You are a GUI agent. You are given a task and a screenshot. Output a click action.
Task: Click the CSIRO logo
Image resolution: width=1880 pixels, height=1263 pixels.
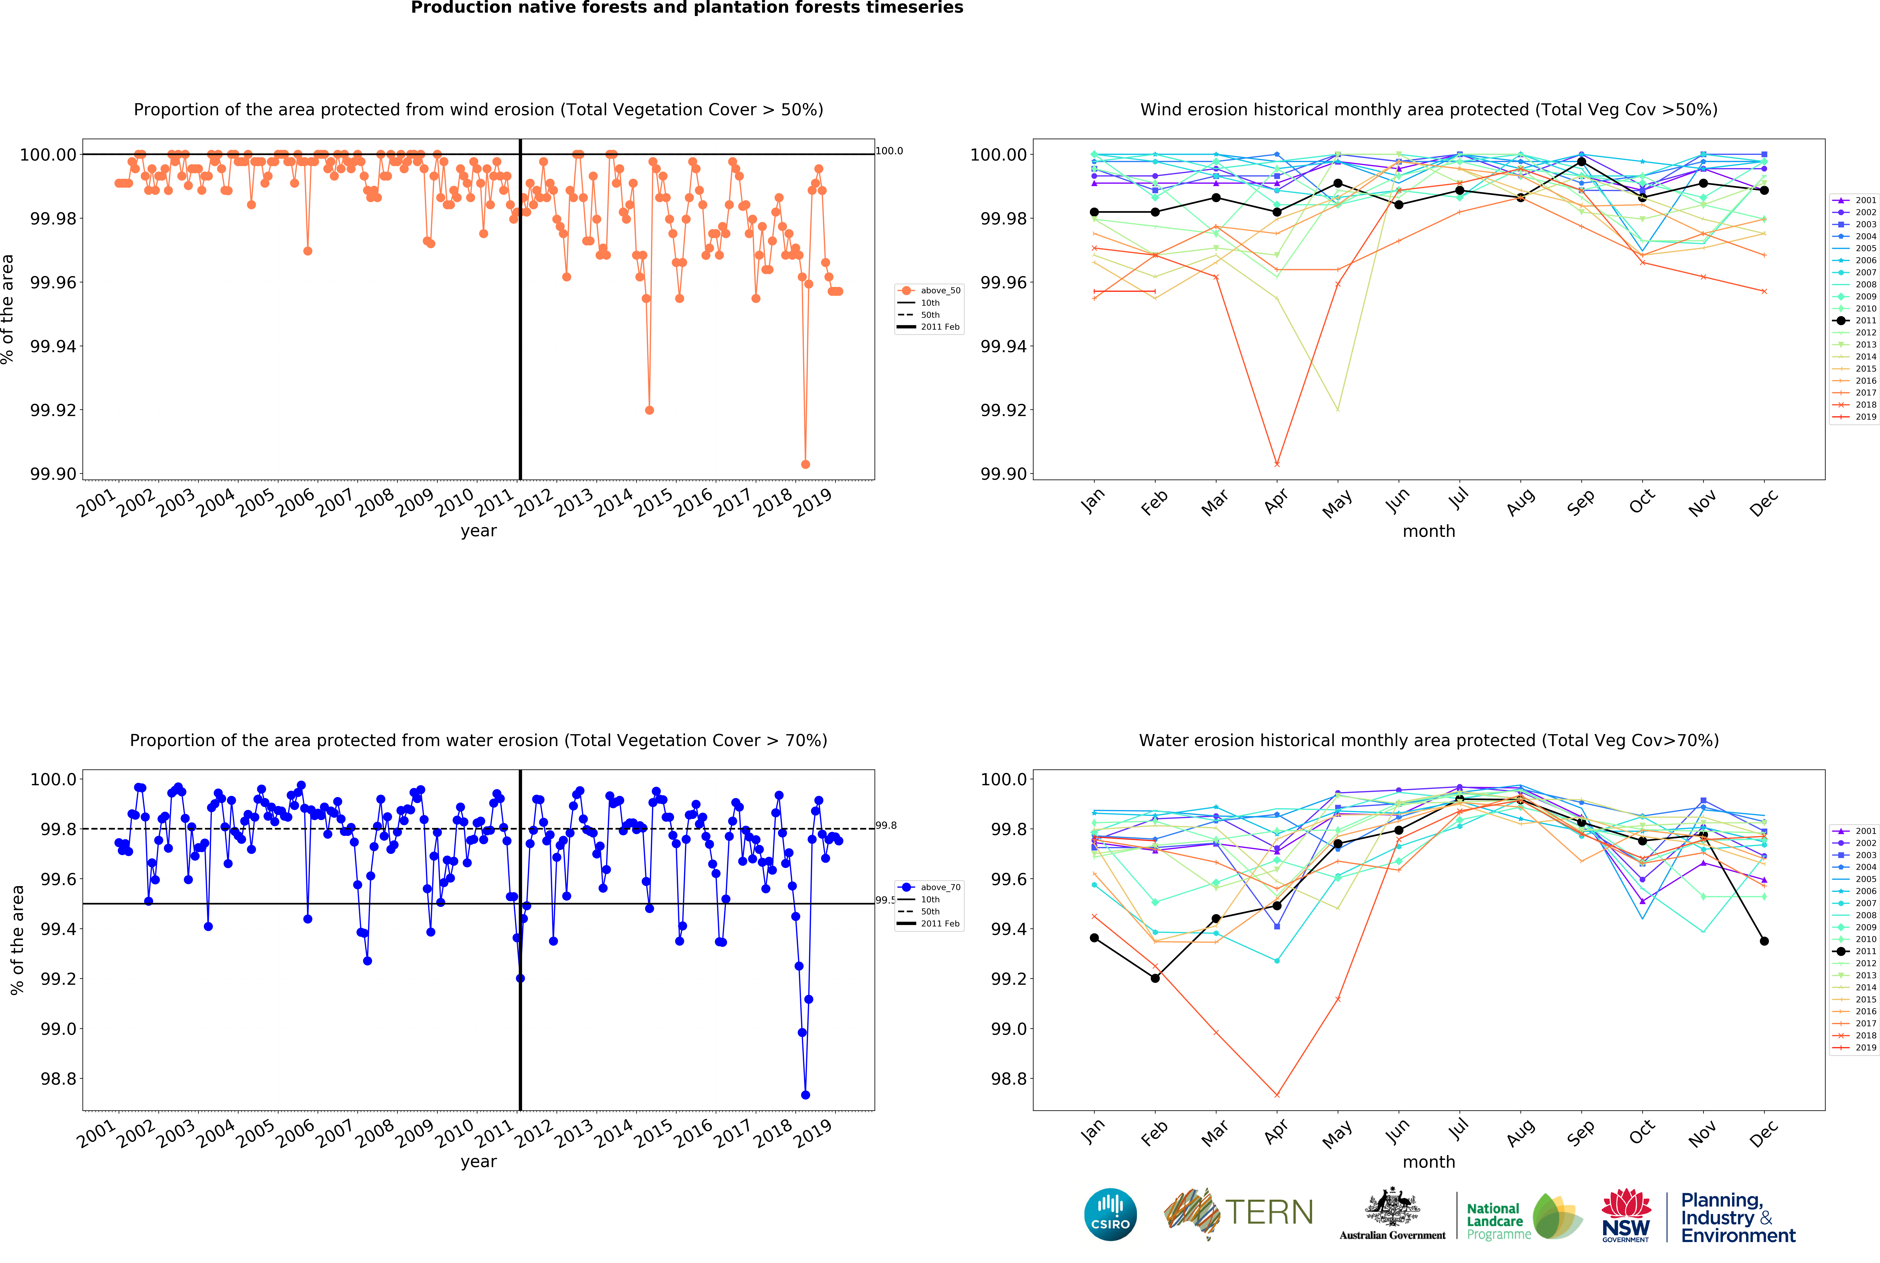click(1110, 1214)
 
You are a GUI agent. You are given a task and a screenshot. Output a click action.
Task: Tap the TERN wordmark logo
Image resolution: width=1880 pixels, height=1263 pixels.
click(1269, 1212)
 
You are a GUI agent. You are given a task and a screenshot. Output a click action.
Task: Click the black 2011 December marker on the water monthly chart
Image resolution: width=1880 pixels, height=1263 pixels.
click(1764, 941)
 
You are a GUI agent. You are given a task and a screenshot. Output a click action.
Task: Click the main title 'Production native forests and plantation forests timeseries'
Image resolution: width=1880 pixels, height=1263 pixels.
click(687, 8)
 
